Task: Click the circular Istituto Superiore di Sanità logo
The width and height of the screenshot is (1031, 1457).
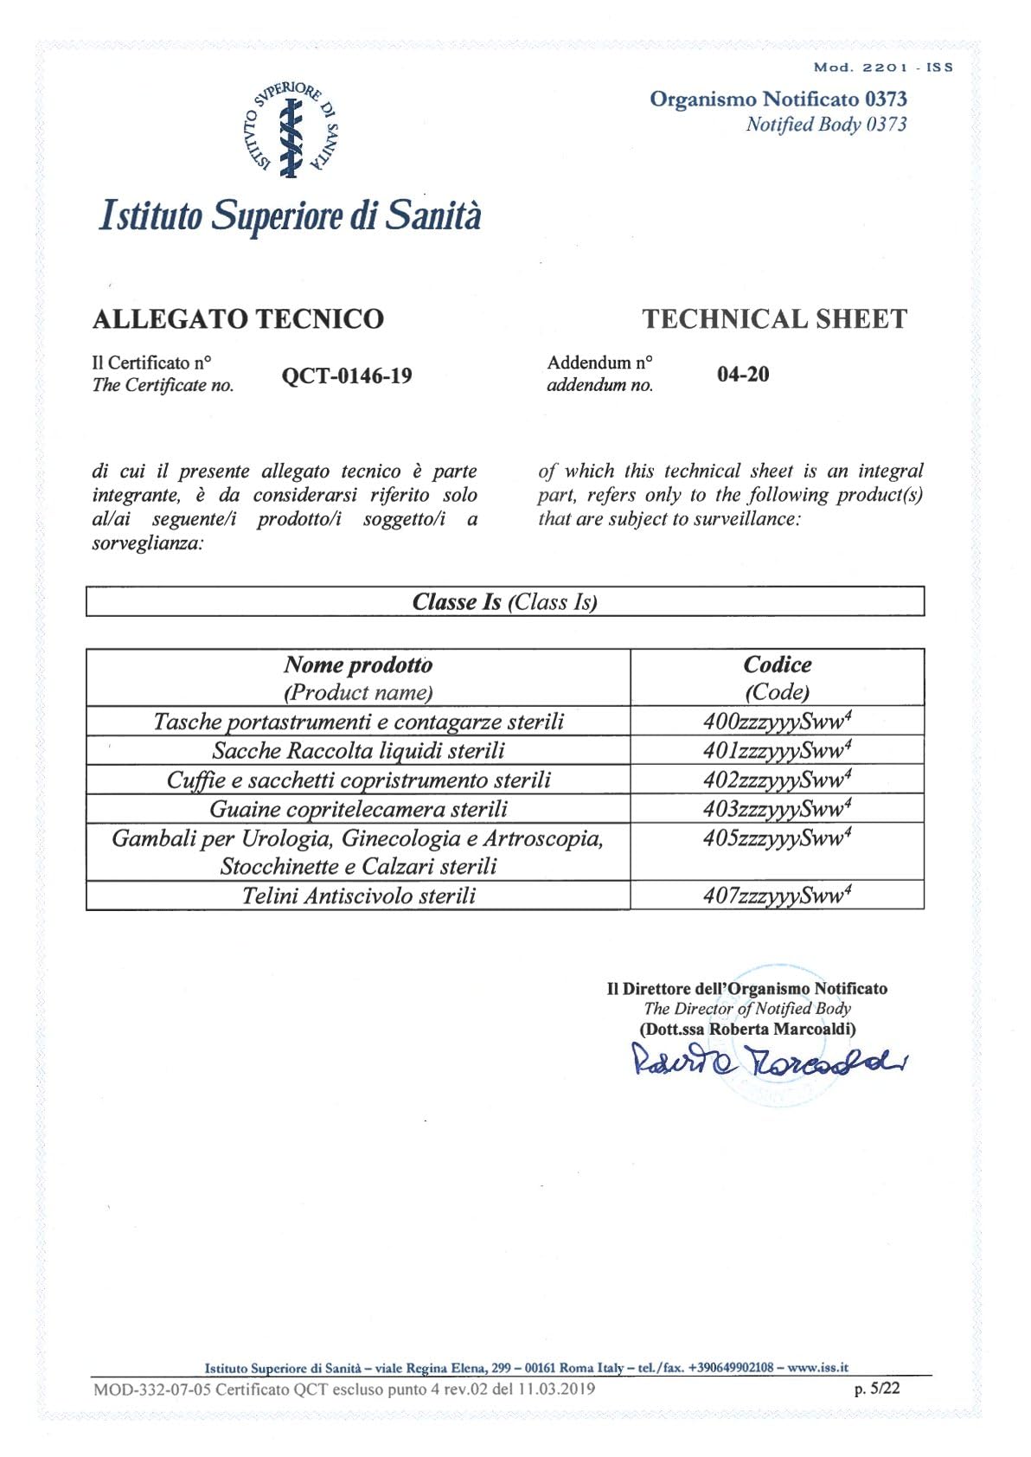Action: [291, 131]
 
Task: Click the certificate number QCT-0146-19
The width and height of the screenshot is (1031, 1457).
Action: [347, 376]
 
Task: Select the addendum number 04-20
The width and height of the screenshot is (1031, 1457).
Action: [743, 375]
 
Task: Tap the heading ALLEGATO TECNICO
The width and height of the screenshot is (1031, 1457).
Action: [238, 319]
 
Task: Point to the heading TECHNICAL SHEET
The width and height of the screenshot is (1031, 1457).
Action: [774, 319]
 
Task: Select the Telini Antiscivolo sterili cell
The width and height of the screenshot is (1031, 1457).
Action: [358, 895]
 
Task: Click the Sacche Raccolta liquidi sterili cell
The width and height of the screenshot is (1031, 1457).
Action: [358, 751]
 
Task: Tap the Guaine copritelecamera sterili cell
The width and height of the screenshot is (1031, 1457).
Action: [358, 809]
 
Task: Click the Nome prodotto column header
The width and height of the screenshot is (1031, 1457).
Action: [358, 677]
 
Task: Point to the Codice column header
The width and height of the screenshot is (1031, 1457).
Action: [777, 677]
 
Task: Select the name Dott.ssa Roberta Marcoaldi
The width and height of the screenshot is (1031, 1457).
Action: [747, 1030]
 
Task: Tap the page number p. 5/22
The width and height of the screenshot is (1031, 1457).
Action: [877, 1389]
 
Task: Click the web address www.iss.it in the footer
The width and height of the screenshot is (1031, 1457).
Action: [817, 1368]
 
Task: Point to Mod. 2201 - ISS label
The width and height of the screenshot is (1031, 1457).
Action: [882, 67]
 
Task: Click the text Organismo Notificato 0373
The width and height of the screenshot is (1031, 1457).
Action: [778, 99]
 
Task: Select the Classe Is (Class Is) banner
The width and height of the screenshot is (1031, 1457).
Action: [505, 602]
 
